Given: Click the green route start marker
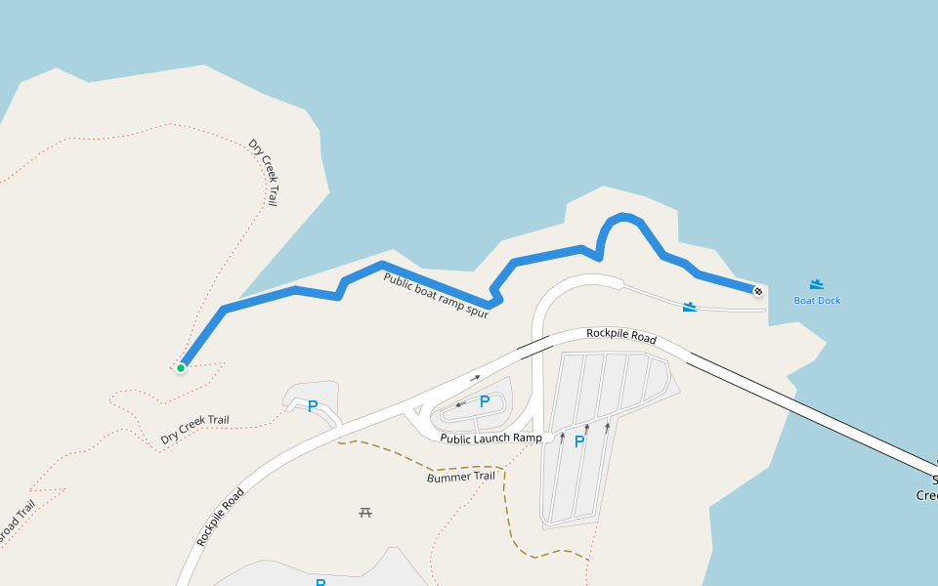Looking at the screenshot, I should [181, 368].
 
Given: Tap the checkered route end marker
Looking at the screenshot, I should [758, 290].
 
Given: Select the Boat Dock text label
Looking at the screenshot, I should [817, 301].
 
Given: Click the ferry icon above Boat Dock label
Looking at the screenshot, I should [817, 284].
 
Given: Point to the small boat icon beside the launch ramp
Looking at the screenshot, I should [691, 308].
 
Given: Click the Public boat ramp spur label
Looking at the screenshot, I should [435, 295].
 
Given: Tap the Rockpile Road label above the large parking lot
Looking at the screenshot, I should [620, 335].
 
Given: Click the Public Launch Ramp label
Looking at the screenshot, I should [490, 439].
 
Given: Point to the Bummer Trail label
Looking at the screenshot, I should [461, 477].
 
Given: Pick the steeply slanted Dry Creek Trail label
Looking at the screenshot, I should [263, 173].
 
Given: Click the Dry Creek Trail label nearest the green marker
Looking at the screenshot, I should [195, 428].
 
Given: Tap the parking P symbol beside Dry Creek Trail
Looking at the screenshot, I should [313, 406].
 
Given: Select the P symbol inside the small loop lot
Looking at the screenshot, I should [484, 401].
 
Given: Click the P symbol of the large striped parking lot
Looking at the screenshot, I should [579, 441].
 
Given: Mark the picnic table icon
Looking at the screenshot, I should [365, 512].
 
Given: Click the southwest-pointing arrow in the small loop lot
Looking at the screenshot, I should [460, 403].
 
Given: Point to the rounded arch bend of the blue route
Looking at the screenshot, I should [620, 218].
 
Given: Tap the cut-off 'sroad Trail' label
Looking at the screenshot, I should [17, 523].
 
